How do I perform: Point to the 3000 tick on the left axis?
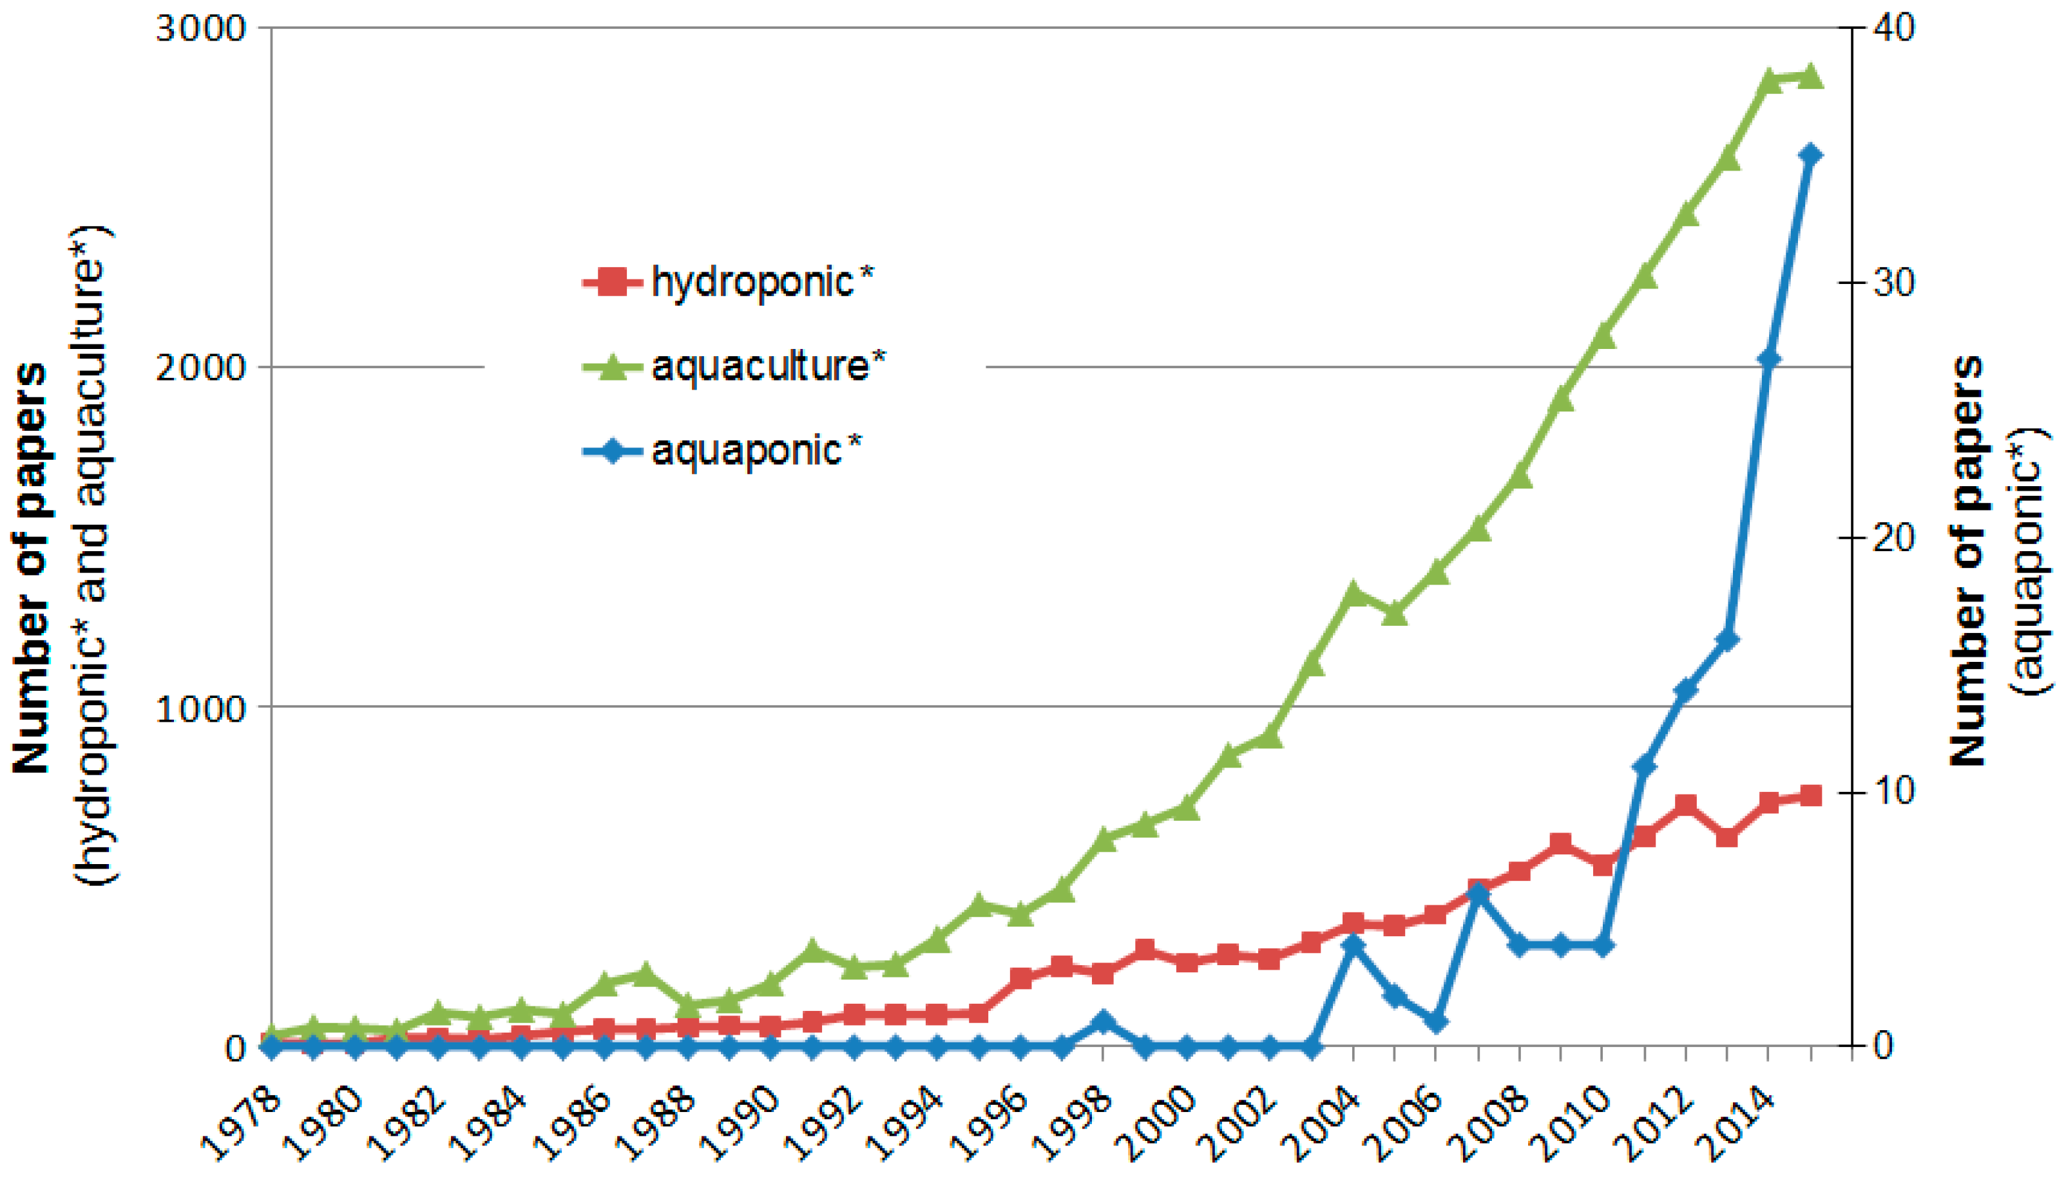[x=200, y=29]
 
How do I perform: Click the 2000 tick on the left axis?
[x=200, y=368]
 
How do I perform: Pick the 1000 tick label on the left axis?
[x=200, y=708]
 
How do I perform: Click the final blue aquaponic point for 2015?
[x=1810, y=155]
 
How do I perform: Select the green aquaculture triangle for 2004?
[x=1353, y=594]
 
